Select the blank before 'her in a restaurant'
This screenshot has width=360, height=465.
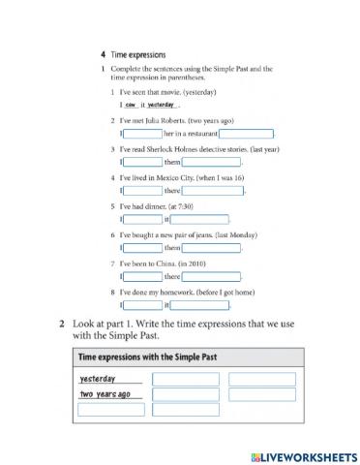[x=143, y=133]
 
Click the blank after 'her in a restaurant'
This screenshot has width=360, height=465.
[x=246, y=133]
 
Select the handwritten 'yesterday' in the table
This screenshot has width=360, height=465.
[x=98, y=379]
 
